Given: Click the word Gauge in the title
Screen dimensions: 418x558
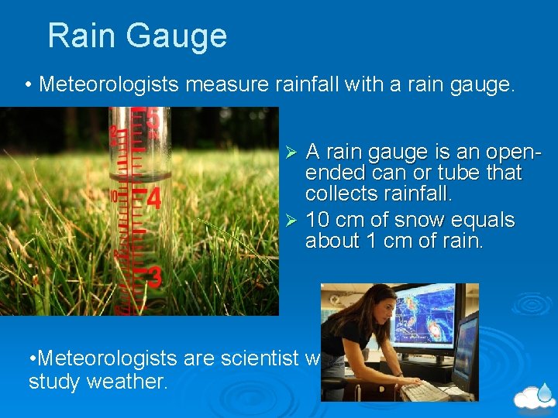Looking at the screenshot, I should (181, 36).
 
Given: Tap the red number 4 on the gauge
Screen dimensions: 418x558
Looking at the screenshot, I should (153, 198).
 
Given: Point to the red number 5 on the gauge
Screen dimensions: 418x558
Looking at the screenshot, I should (153, 121).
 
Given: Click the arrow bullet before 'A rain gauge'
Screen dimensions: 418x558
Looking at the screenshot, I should (291, 149).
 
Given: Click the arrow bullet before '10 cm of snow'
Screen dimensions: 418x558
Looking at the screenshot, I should (291, 221).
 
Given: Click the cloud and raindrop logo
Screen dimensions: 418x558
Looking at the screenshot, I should (536, 396).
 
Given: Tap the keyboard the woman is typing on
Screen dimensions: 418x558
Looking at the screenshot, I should (423, 390).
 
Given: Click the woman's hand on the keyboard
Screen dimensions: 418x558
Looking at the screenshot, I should (411, 382).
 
